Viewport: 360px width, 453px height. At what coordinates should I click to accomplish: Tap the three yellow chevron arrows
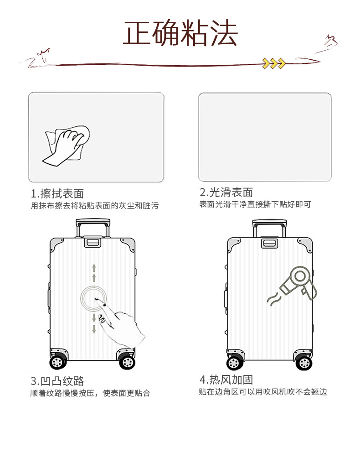pyautogui.click(x=274, y=63)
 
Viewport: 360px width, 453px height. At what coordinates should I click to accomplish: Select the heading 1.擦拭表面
pyautogui.click(x=57, y=193)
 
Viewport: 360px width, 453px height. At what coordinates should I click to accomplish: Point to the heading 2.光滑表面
pyautogui.click(x=226, y=193)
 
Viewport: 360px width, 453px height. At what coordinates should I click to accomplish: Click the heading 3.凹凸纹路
pyautogui.click(x=57, y=381)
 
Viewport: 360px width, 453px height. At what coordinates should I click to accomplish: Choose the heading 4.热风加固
pyautogui.click(x=226, y=380)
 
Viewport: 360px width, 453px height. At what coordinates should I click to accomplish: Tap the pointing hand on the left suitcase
pyautogui.click(x=120, y=323)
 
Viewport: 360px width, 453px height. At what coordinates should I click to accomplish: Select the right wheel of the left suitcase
pyautogui.click(x=127, y=362)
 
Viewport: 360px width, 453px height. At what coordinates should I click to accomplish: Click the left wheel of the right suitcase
pyautogui.click(x=235, y=363)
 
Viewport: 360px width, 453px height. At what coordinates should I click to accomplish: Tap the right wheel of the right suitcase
pyautogui.click(x=304, y=363)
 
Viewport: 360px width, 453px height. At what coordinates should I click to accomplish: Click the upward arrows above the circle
pyautogui.click(x=94, y=273)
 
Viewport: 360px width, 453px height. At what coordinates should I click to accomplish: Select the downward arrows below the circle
pyautogui.click(x=94, y=324)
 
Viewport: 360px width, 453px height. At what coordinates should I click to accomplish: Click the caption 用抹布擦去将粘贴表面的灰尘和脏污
pyautogui.click(x=95, y=206)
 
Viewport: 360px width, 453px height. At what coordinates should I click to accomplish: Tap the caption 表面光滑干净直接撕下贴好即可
pyautogui.click(x=255, y=204)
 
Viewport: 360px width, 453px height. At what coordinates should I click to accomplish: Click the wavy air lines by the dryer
pyautogui.click(x=273, y=299)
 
